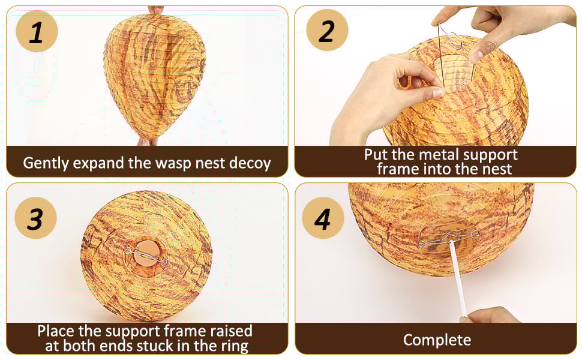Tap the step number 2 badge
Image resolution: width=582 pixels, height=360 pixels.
pos(327,30)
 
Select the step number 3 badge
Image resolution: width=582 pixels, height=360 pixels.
pos(35,218)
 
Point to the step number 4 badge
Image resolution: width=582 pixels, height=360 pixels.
pos(323,218)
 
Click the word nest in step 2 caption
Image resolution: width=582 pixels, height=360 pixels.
pos(498,169)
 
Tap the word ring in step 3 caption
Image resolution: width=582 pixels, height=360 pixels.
pos(234,346)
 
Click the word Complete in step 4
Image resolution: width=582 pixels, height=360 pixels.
pos(437,340)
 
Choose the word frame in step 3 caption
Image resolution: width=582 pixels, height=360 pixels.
pos(185,331)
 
